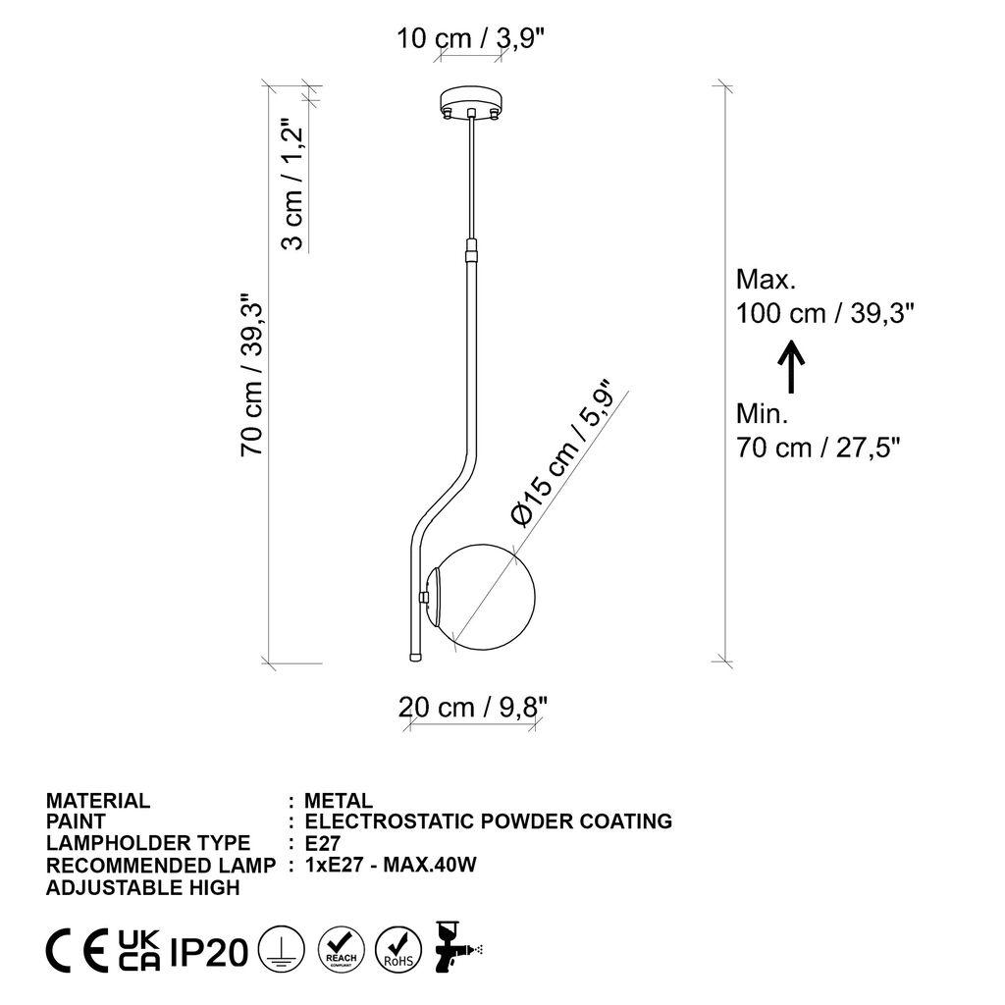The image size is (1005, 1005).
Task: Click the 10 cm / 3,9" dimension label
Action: (470, 39)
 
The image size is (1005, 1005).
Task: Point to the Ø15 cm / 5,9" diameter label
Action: (561, 453)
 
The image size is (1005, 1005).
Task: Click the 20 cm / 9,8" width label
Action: (472, 706)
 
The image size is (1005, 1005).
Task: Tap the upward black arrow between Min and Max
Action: (791, 365)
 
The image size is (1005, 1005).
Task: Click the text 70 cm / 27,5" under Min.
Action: (818, 448)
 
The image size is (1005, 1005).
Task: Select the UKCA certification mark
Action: (139, 950)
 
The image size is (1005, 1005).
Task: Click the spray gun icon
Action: (454, 948)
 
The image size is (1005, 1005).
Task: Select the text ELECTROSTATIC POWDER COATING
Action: (488, 821)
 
